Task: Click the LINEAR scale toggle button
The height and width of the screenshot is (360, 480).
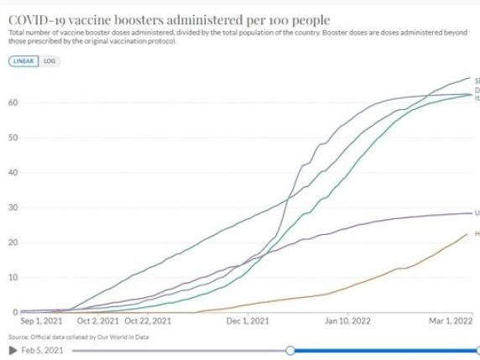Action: point(25,61)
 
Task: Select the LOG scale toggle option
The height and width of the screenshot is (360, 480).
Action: point(50,61)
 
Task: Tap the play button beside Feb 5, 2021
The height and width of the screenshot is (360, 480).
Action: point(12,350)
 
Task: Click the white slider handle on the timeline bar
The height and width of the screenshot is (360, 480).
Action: point(290,350)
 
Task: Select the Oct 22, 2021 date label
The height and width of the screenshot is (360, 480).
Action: point(148,321)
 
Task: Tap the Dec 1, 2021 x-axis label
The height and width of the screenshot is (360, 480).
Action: point(249,321)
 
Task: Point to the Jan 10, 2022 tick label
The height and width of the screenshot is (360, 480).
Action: point(347,321)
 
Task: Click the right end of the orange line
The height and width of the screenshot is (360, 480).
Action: point(468,233)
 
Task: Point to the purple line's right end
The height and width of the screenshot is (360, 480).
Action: point(470,213)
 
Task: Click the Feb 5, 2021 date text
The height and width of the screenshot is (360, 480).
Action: point(41,350)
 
